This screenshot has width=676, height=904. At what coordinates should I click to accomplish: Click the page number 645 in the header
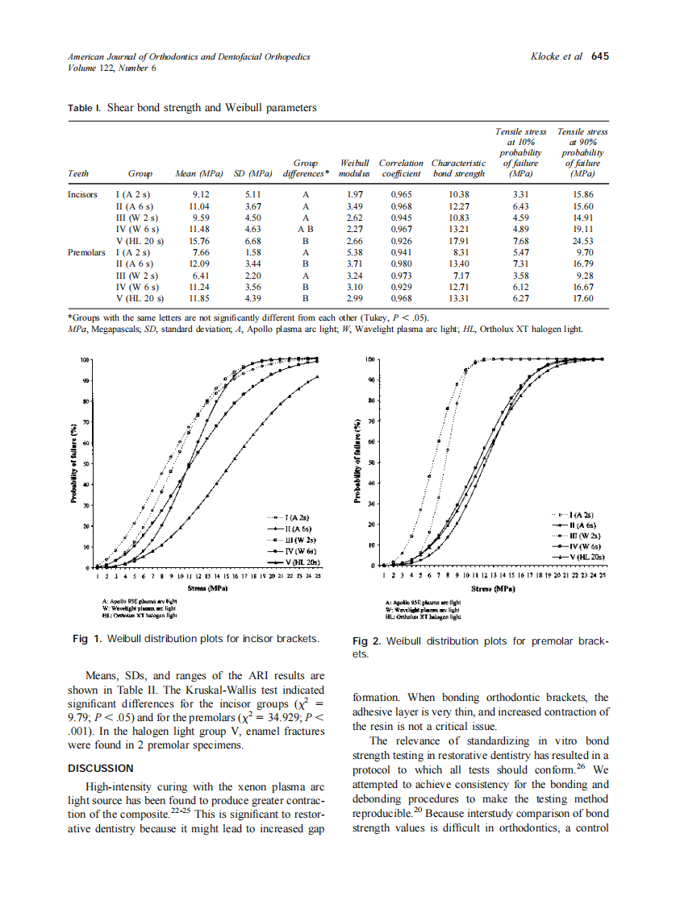point(599,56)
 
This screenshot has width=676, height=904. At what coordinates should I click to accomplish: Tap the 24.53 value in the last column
point(582,241)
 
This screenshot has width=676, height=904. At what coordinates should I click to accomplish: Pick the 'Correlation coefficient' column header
point(401,168)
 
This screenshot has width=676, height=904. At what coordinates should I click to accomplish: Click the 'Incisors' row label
point(83,195)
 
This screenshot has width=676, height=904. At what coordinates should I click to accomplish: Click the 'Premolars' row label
point(86,252)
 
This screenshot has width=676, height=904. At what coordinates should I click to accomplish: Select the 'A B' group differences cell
point(305,229)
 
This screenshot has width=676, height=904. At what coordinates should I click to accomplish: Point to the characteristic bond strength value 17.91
point(457,241)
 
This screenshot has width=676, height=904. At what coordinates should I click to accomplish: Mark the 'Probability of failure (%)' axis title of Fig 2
point(359,463)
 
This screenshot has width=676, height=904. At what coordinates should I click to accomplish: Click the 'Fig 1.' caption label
point(87,638)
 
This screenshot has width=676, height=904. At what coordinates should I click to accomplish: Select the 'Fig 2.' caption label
point(368,641)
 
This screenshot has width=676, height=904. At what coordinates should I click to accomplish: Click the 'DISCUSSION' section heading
point(101,768)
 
